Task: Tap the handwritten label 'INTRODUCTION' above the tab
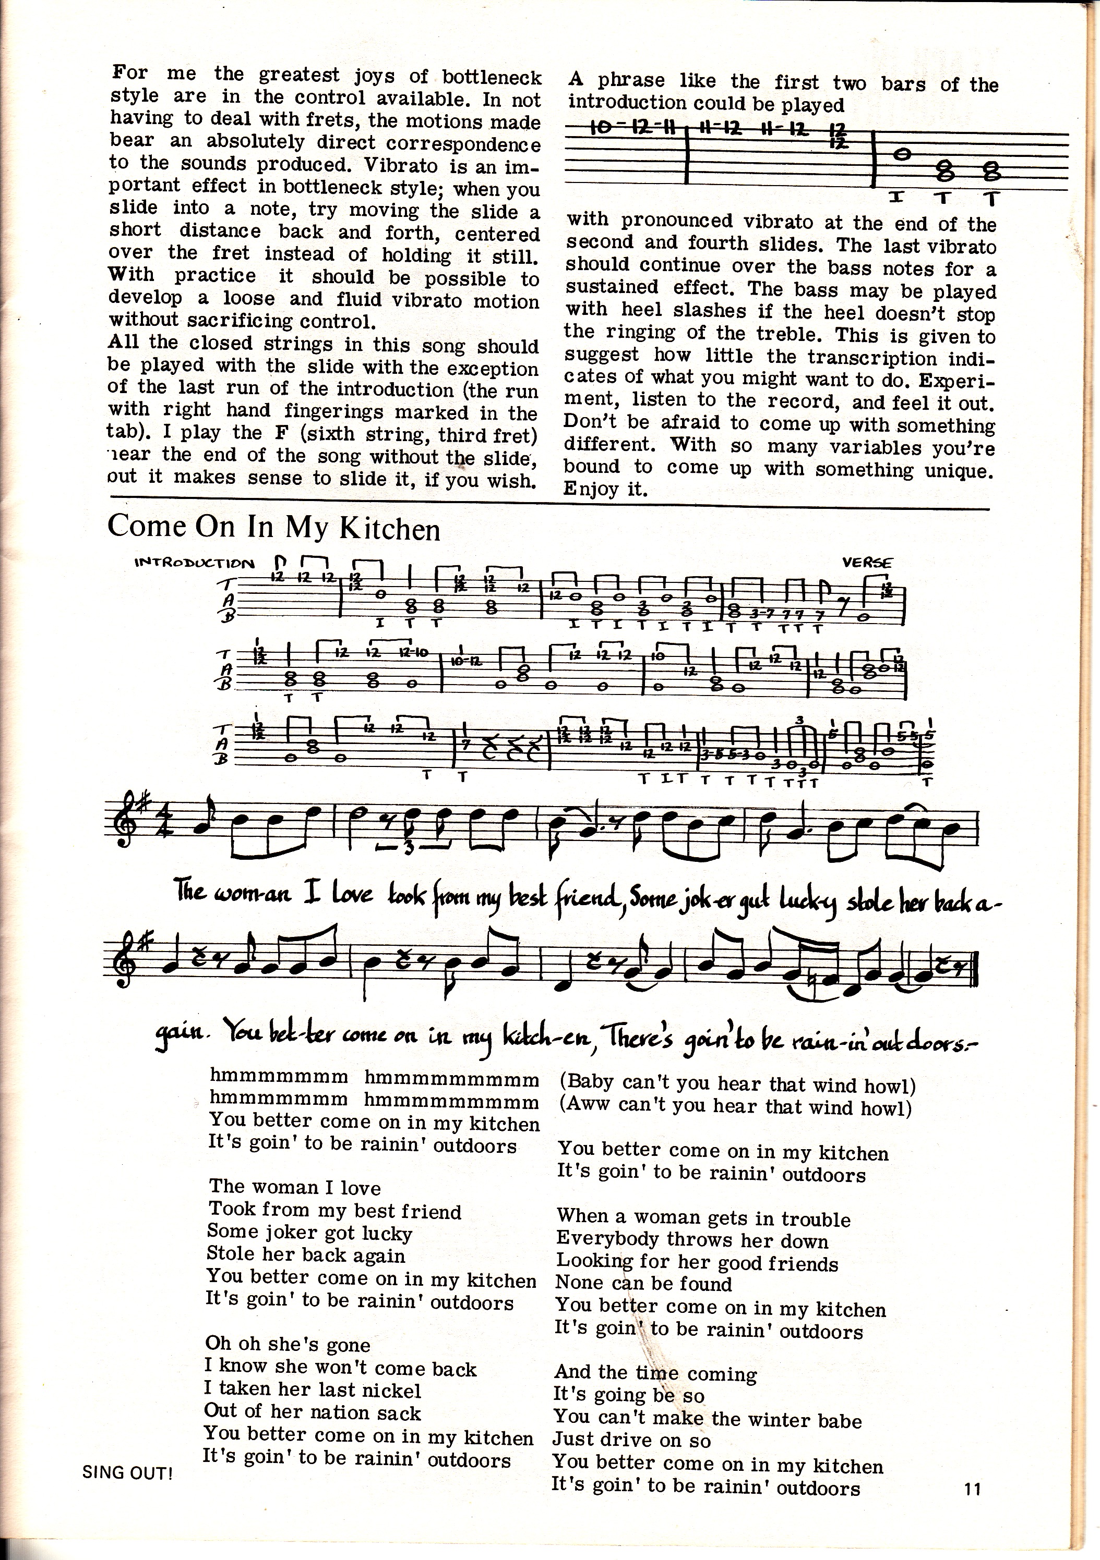pos(195,563)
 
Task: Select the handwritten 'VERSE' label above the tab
pos(867,562)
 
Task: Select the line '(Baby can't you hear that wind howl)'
pos(738,1085)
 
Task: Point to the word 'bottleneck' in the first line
pos(492,77)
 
